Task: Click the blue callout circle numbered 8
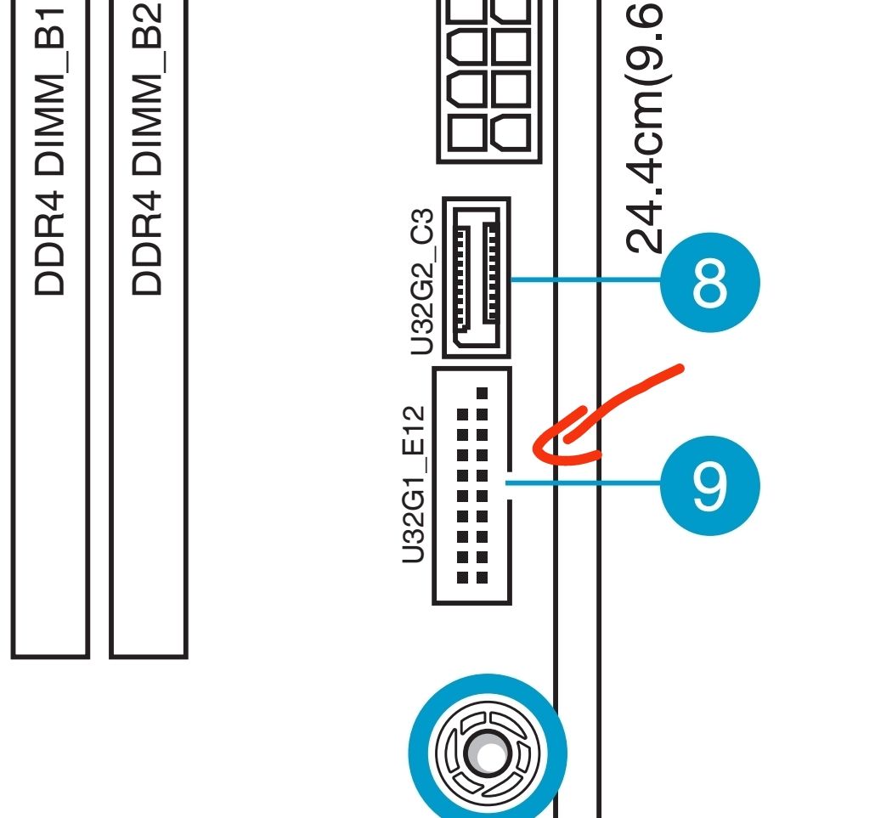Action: pyautogui.click(x=710, y=282)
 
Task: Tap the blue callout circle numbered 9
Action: pyautogui.click(x=710, y=485)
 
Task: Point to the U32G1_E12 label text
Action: pyautogui.click(x=414, y=484)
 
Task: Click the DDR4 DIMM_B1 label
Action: pyautogui.click(x=50, y=150)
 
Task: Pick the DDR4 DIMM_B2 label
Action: pyautogui.click(x=147, y=149)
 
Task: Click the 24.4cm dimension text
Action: pyautogui.click(x=645, y=127)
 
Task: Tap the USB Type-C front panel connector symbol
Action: pyautogui.click(x=477, y=277)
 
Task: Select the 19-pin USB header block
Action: pyautogui.click(x=472, y=485)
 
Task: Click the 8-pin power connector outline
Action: pyautogui.click(x=489, y=82)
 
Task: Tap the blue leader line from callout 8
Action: pyautogui.click(x=586, y=279)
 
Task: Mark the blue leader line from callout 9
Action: pyautogui.click(x=583, y=482)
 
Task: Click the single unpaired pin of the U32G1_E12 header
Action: pyautogui.click(x=483, y=393)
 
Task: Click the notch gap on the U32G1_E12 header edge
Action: pyautogui.click(x=508, y=485)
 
